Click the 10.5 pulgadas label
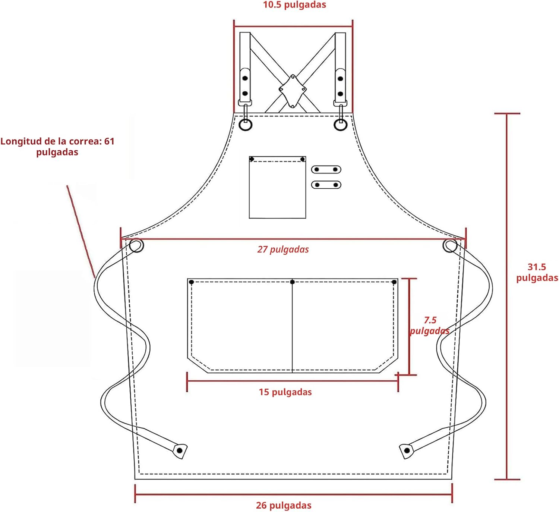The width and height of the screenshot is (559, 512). [294, 5]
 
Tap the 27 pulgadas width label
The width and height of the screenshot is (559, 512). [283, 249]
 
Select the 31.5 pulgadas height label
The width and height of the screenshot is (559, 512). [537, 273]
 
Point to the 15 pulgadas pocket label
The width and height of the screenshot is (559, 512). [285, 392]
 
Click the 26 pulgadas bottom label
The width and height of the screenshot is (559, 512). [284, 505]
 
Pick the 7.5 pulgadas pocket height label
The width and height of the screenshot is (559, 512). [429, 326]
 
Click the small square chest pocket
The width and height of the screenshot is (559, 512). [277, 187]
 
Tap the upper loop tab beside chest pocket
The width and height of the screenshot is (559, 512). [326, 169]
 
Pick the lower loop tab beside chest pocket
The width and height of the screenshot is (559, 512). [326, 185]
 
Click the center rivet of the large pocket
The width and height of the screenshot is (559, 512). [292, 282]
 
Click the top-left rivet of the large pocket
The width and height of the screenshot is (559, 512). [192, 282]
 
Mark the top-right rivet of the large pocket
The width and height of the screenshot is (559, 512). [394, 282]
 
